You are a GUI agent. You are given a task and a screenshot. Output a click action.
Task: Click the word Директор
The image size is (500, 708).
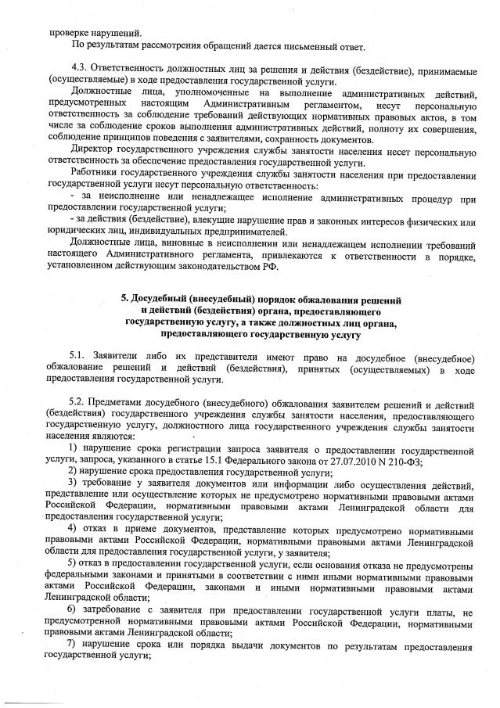pos(94,149)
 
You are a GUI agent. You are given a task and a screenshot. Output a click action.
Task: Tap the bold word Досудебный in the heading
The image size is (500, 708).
pos(168,298)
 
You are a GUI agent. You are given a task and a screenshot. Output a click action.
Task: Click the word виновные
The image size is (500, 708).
pos(165,245)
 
